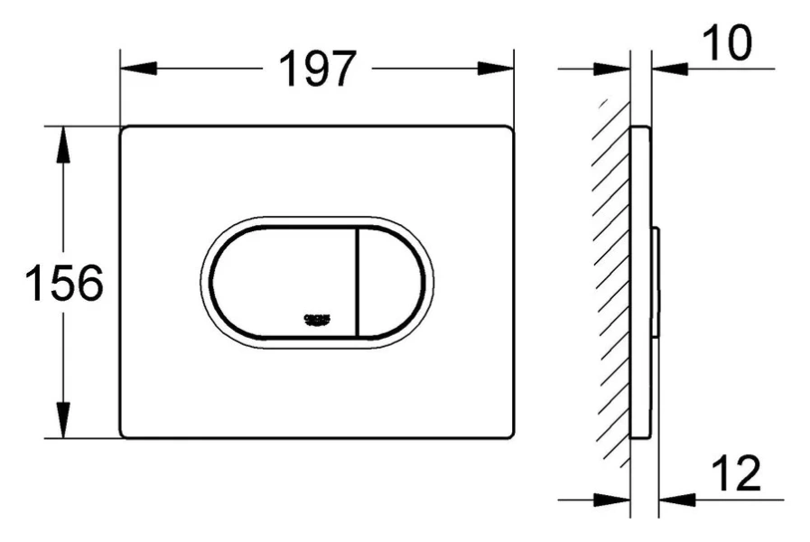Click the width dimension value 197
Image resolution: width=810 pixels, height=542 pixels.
click(x=319, y=69)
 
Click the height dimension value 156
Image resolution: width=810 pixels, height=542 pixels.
click(x=63, y=284)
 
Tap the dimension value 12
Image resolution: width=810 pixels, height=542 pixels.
click(x=736, y=473)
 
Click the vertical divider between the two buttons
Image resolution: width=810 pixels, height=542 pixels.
click(x=359, y=280)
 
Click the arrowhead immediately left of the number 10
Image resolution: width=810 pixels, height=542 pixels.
click(x=668, y=69)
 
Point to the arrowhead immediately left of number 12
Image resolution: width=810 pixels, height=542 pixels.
click(x=678, y=498)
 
